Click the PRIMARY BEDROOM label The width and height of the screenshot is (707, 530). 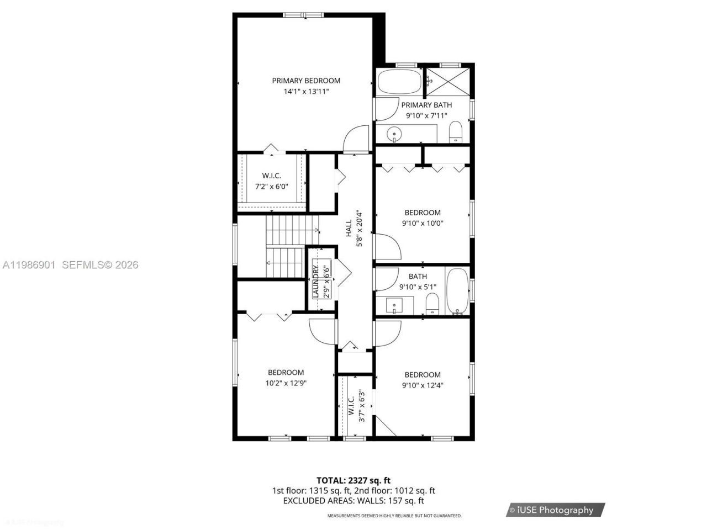(x=306, y=81)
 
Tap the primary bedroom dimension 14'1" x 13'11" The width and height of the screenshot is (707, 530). (x=306, y=92)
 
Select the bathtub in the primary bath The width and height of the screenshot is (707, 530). (x=399, y=83)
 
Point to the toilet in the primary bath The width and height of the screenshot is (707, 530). (x=455, y=132)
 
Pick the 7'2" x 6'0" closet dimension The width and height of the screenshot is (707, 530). (x=271, y=187)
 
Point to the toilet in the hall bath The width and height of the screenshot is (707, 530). (x=432, y=304)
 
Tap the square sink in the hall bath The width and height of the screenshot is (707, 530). (x=394, y=304)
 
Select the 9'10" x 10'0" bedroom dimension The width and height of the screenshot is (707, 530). (x=423, y=224)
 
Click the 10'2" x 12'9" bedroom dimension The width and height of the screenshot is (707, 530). (x=286, y=383)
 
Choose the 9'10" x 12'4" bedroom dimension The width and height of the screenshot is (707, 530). (x=423, y=385)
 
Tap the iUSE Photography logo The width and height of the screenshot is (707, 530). (x=555, y=510)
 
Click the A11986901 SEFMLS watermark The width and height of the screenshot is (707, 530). (x=70, y=265)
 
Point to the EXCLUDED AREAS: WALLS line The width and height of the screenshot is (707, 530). (x=353, y=501)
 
